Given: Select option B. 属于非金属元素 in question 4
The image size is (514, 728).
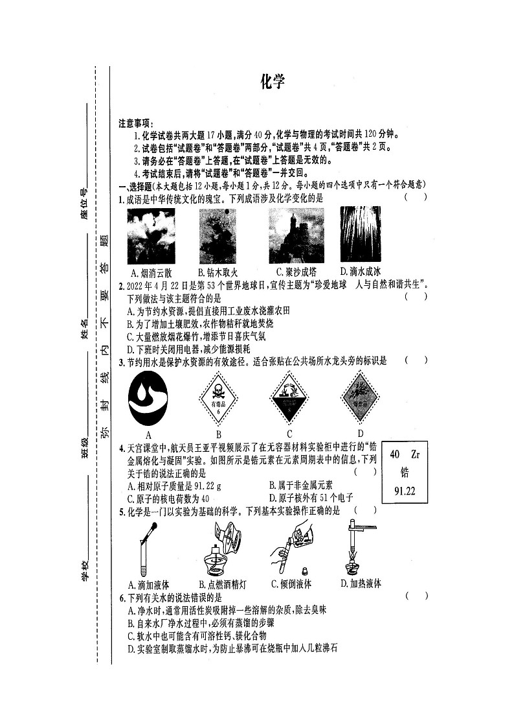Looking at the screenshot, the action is tap(300, 485).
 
